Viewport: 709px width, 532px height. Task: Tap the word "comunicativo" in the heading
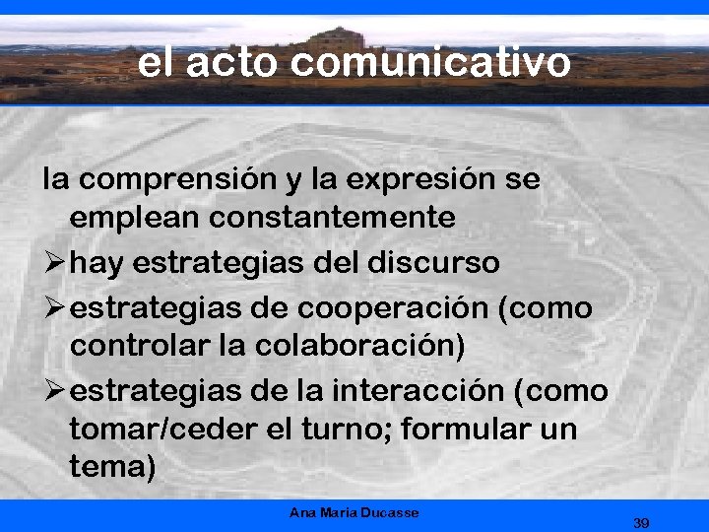(431, 62)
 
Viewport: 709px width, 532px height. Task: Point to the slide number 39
(642, 521)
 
